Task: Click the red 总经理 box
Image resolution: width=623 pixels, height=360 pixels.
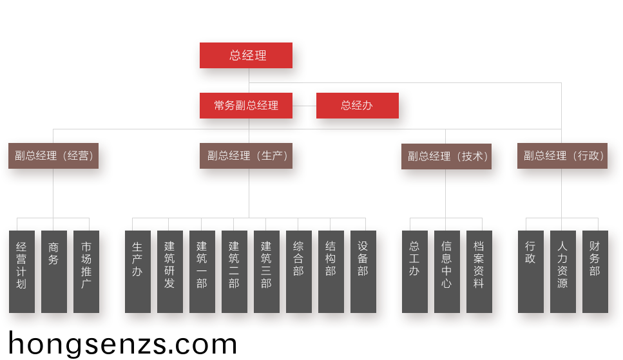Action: (x=246, y=55)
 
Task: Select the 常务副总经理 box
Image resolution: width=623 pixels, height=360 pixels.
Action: (x=246, y=106)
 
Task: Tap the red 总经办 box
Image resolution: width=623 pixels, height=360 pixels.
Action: (x=357, y=106)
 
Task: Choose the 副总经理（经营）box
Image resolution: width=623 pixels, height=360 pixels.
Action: (x=53, y=156)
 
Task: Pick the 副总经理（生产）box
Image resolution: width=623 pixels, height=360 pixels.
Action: (x=246, y=156)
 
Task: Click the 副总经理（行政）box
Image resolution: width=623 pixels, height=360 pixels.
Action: (x=562, y=156)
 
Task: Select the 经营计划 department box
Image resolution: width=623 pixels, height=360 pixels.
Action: (x=22, y=271)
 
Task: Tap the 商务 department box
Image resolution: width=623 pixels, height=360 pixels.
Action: (x=54, y=271)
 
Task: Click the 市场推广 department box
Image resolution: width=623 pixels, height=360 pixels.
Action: (x=86, y=271)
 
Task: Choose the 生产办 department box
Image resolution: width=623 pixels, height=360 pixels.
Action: (x=138, y=271)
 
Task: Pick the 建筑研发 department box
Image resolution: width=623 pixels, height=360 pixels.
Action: (x=170, y=271)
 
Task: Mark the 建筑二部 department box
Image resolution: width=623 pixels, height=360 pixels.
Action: (x=235, y=271)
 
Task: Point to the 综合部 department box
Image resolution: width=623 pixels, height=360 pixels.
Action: (x=299, y=271)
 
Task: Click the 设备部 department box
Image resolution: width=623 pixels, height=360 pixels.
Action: (x=363, y=271)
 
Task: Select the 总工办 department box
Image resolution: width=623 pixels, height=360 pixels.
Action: (x=415, y=271)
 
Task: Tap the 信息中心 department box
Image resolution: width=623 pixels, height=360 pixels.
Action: (x=447, y=271)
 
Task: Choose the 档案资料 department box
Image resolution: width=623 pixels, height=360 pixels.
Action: (x=479, y=271)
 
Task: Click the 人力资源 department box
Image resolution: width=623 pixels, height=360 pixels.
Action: (x=563, y=271)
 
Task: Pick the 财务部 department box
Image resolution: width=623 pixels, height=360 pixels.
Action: (x=595, y=271)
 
